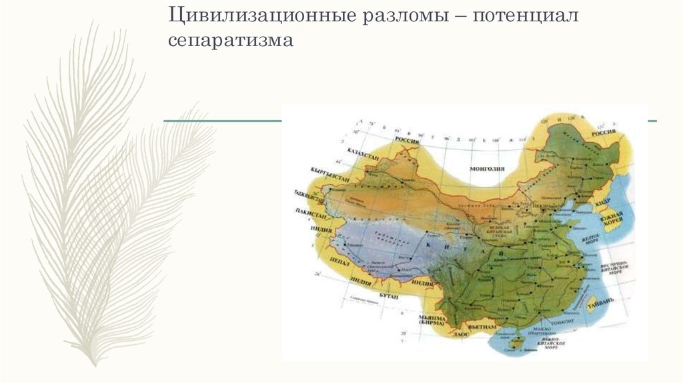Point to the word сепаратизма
point(231,40)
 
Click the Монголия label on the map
point(486,169)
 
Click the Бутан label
point(390,296)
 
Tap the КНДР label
point(603,200)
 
